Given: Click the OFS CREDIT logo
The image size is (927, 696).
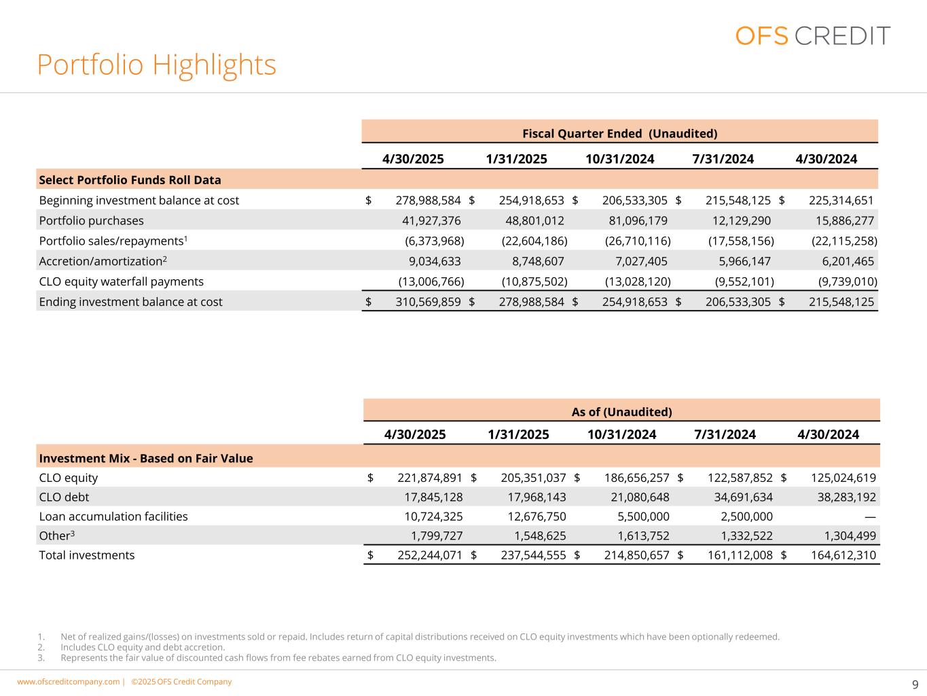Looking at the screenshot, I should tap(812, 35).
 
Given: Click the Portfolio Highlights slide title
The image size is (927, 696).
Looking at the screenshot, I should tap(156, 65).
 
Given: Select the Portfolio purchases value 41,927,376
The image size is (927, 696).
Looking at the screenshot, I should tap(432, 221).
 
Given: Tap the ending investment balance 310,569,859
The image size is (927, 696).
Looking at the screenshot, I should tap(428, 302).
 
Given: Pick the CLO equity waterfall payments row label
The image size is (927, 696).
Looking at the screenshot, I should tap(121, 281).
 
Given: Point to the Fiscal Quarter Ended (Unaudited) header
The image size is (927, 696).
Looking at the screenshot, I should tap(619, 133).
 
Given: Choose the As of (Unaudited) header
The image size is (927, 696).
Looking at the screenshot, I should tap(621, 412).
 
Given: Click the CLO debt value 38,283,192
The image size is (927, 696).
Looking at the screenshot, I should tap(843, 497).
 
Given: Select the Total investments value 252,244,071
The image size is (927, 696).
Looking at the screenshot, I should tap(430, 555).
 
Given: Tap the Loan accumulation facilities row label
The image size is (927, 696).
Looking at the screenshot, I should tap(113, 517).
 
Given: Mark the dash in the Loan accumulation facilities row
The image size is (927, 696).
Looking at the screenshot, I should tap(870, 517).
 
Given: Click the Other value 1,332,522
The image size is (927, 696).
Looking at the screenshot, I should tap(740, 536).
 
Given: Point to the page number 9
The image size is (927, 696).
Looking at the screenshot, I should tap(915, 684).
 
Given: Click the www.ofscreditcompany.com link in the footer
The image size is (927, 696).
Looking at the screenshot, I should tap(68, 682).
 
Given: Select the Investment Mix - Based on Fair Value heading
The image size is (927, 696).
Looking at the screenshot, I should tap(146, 458).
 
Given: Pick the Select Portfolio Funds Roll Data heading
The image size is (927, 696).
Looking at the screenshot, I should tap(130, 180).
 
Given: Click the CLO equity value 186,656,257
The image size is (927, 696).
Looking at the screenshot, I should tap(636, 478).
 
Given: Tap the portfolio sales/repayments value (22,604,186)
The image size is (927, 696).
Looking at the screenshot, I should tap(534, 241).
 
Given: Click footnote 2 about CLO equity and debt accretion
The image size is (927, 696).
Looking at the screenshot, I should tap(143, 647).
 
